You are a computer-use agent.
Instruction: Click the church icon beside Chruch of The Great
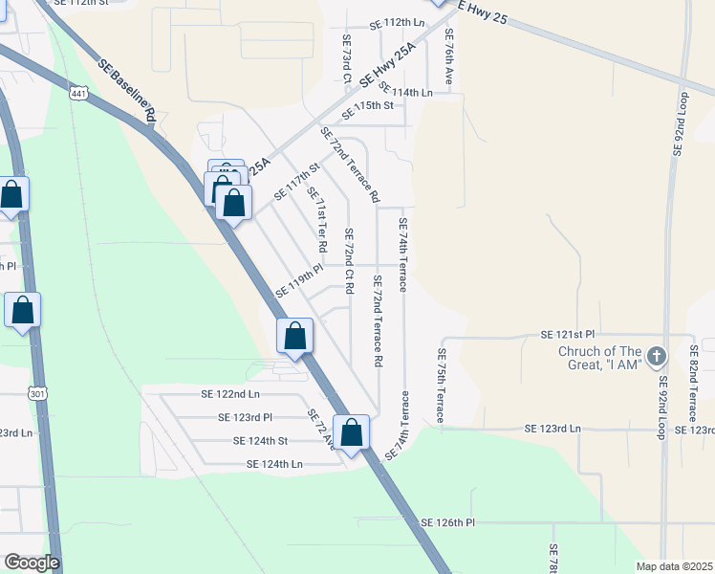pyautogui.click(x=656, y=357)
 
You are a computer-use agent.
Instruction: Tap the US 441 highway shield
pyautogui.click(x=79, y=92)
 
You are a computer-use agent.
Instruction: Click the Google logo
pyautogui.click(x=31, y=563)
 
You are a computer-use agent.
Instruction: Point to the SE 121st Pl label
pyautogui.click(x=567, y=334)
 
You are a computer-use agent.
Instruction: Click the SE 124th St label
pyautogui.click(x=261, y=440)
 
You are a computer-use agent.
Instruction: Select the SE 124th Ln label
pyautogui.click(x=274, y=463)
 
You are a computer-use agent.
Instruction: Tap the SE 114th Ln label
pyautogui.click(x=405, y=92)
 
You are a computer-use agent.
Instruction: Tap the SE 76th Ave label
pyautogui.click(x=448, y=57)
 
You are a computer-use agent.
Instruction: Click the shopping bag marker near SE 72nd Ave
pyautogui.click(x=352, y=432)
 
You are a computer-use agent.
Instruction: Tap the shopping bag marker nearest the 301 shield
pyautogui.click(x=23, y=311)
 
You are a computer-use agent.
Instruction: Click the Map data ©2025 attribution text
pyautogui.click(x=673, y=566)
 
